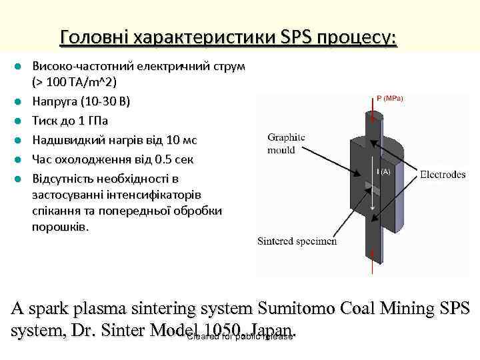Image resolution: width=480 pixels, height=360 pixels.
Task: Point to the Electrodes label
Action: pyautogui.click(x=443, y=175)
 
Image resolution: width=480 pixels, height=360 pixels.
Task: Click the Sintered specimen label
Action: pyautogui.click(x=297, y=241)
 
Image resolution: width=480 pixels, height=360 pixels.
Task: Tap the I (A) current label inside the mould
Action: pyautogui.click(x=384, y=172)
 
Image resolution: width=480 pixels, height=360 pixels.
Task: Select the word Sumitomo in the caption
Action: pyautogui.click(x=301, y=310)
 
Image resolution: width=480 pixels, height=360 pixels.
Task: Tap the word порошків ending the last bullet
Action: pyautogui.click(x=59, y=227)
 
